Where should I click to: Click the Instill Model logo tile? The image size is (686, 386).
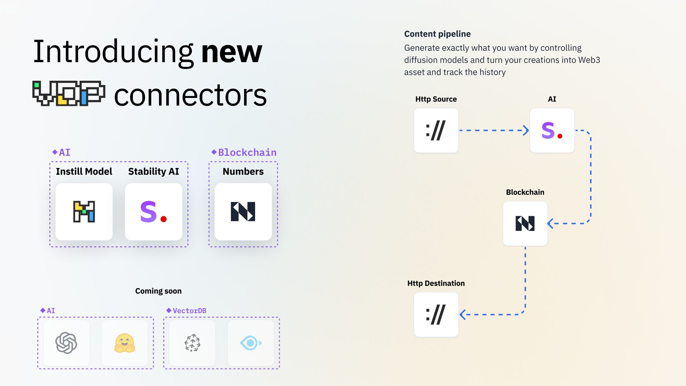tap(84, 212)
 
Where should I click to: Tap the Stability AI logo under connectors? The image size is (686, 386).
tap(154, 212)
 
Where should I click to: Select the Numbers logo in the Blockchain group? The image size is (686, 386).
tap(243, 212)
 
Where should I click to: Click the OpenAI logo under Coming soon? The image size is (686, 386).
tap(66, 343)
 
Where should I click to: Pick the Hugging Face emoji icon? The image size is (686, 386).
tap(125, 343)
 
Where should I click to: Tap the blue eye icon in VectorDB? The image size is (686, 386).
tap(250, 343)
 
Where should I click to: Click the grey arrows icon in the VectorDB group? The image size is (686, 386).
tap(193, 343)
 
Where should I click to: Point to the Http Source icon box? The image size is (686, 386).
tap(436, 130)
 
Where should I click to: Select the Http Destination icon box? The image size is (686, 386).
tap(436, 315)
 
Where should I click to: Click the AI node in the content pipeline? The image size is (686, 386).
tap(552, 130)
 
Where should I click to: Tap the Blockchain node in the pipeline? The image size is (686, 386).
tap(525, 223)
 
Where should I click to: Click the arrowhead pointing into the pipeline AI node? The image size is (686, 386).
tap(526, 130)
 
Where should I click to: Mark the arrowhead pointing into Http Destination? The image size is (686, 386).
tap(463, 315)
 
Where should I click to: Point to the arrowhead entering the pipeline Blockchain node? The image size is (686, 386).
tap(551, 223)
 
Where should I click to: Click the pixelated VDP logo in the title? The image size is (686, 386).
tap(69, 93)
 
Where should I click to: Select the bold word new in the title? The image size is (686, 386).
tap(232, 52)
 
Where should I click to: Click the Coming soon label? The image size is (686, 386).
tap(158, 291)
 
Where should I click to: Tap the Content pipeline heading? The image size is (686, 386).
tap(437, 34)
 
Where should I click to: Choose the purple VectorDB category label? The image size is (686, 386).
tap(189, 311)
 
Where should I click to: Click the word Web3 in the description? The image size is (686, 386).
tap(589, 60)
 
